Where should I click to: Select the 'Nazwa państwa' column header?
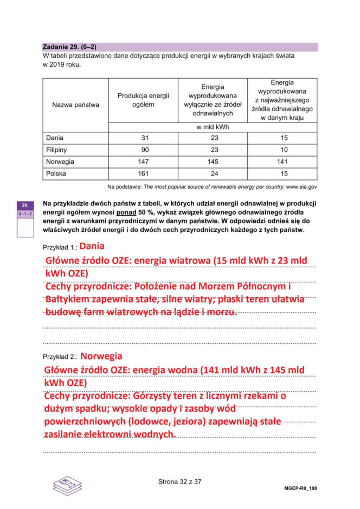pos(75,105)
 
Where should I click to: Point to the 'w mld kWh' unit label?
pos(213,127)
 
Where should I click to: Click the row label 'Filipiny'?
pos(57,150)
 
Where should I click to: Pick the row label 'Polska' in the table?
pos(56,173)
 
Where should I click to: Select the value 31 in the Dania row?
pos(144,138)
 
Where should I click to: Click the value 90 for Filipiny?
pos(144,150)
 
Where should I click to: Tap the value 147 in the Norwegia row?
pos(144,162)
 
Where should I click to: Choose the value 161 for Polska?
pos(144,173)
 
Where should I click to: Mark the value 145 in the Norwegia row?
pos(213,162)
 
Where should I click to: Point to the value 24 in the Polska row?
pos(213,173)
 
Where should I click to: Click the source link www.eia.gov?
pos(301,186)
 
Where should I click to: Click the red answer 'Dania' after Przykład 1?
pos(92,246)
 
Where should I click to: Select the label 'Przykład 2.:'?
pos(60,357)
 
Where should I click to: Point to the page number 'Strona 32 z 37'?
pos(179,481)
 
